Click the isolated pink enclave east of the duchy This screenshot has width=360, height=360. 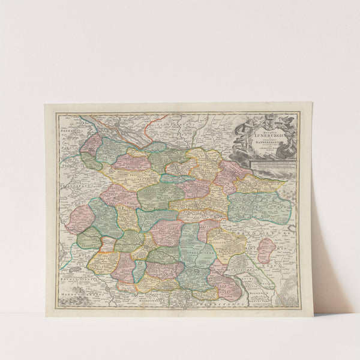pyautogui.click(x=266, y=250)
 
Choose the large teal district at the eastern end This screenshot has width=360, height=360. pyautogui.click(x=259, y=206)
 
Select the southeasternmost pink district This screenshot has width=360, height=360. pyautogui.click(x=226, y=285)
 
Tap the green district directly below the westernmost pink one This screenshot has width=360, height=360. pyautogui.click(x=88, y=238)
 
